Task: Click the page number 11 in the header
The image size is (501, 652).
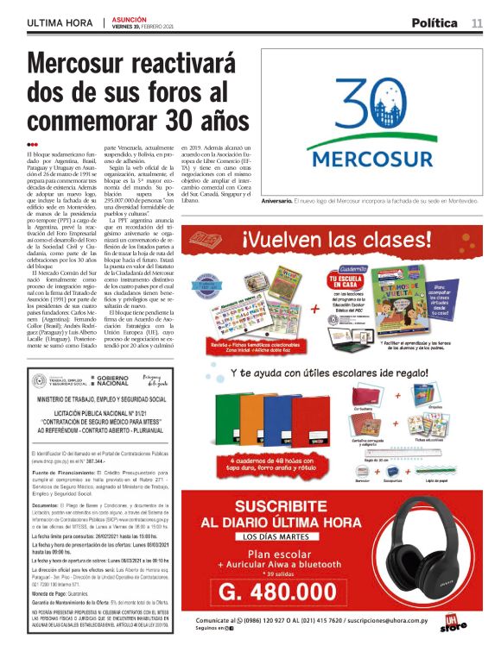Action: [477, 22]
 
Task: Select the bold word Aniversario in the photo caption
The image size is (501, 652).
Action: [263, 199]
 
